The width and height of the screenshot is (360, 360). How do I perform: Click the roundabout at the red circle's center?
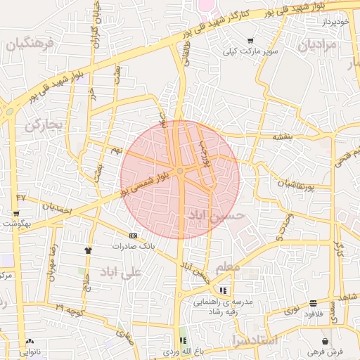point(180,171)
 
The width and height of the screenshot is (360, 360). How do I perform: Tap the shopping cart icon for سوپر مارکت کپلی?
point(251,41)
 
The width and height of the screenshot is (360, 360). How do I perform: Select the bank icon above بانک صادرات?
point(133,236)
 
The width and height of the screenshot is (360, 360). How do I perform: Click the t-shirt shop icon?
point(88,250)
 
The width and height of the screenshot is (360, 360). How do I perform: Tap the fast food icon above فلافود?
point(313,304)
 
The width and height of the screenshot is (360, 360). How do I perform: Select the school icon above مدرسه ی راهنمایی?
point(224,290)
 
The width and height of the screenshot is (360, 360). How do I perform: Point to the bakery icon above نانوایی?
point(29,340)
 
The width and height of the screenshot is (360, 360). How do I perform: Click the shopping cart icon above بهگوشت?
point(16,213)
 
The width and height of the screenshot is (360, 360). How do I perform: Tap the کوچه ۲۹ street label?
point(70,308)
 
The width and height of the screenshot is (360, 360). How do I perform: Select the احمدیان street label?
point(56,208)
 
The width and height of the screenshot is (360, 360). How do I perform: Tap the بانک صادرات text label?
point(133,247)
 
